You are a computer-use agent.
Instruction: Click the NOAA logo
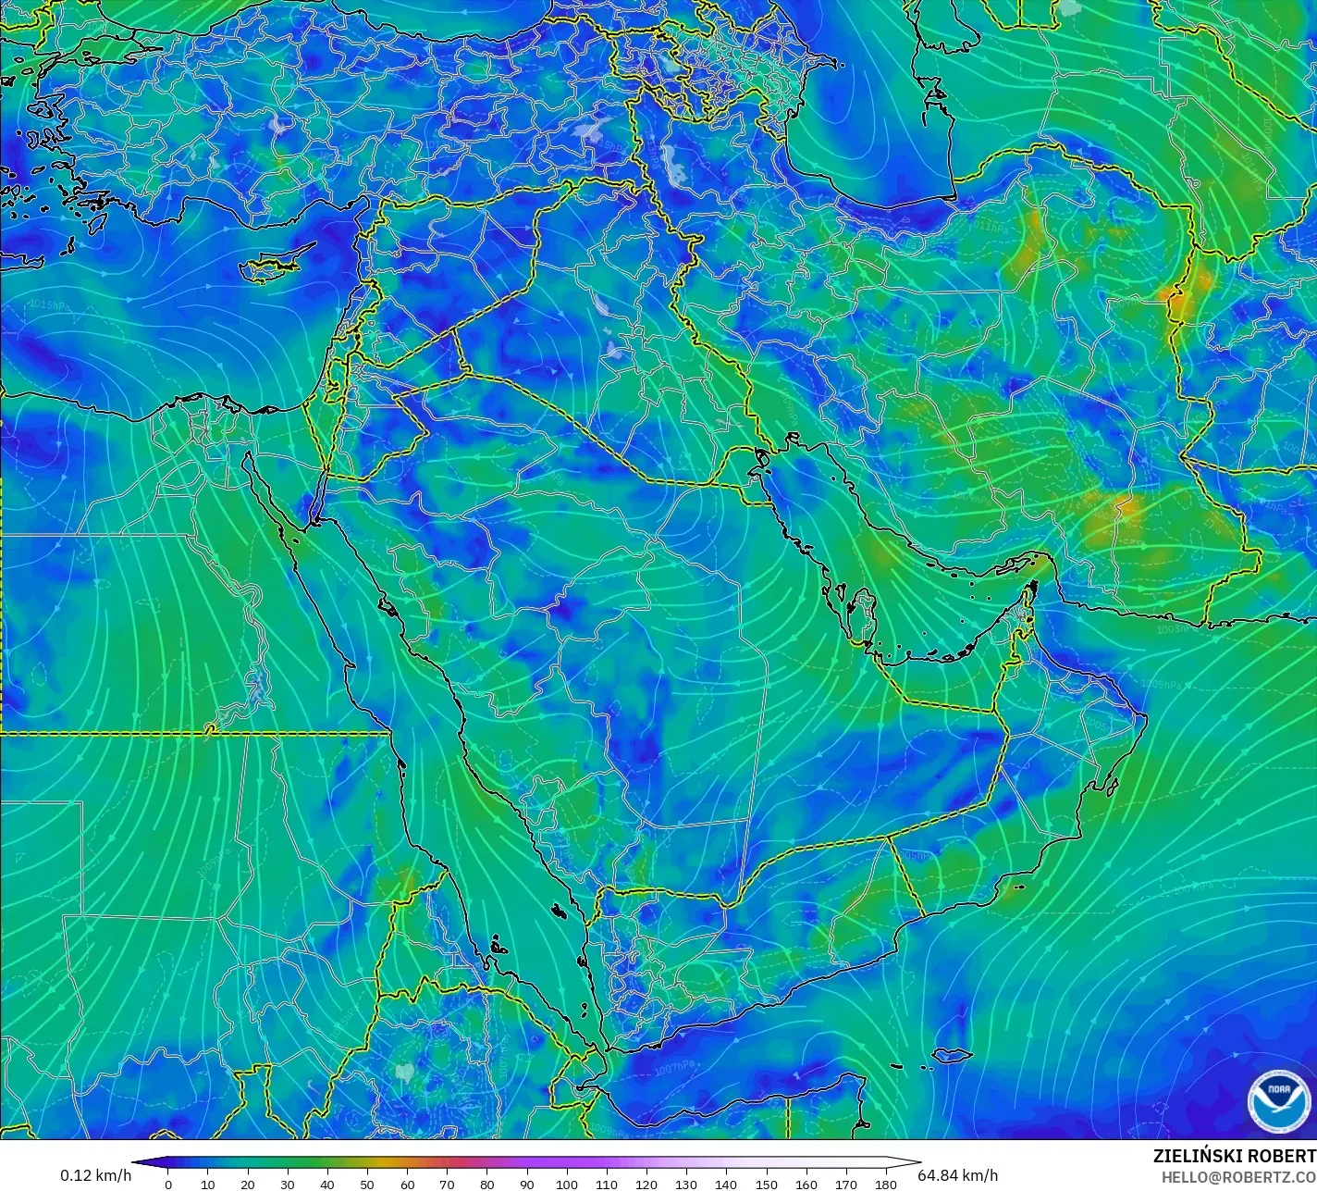[1279, 1100]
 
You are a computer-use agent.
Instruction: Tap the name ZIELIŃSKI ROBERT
[1234, 1156]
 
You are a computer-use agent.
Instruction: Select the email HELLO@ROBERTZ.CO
[1239, 1177]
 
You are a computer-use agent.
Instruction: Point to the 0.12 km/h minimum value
[95, 1175]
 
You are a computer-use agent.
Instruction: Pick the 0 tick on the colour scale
[167, 1184]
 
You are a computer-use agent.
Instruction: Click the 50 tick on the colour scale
[367, 1184]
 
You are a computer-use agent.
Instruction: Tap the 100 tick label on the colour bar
[567, 1184]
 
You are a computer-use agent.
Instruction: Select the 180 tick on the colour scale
[886, 1184]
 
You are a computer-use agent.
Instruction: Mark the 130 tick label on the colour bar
[686, 1184]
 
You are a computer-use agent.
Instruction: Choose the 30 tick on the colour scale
[288, 1184]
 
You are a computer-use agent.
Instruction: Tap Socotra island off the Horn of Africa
[952, 1055]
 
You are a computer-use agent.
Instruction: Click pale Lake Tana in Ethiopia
[404, 1073]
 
